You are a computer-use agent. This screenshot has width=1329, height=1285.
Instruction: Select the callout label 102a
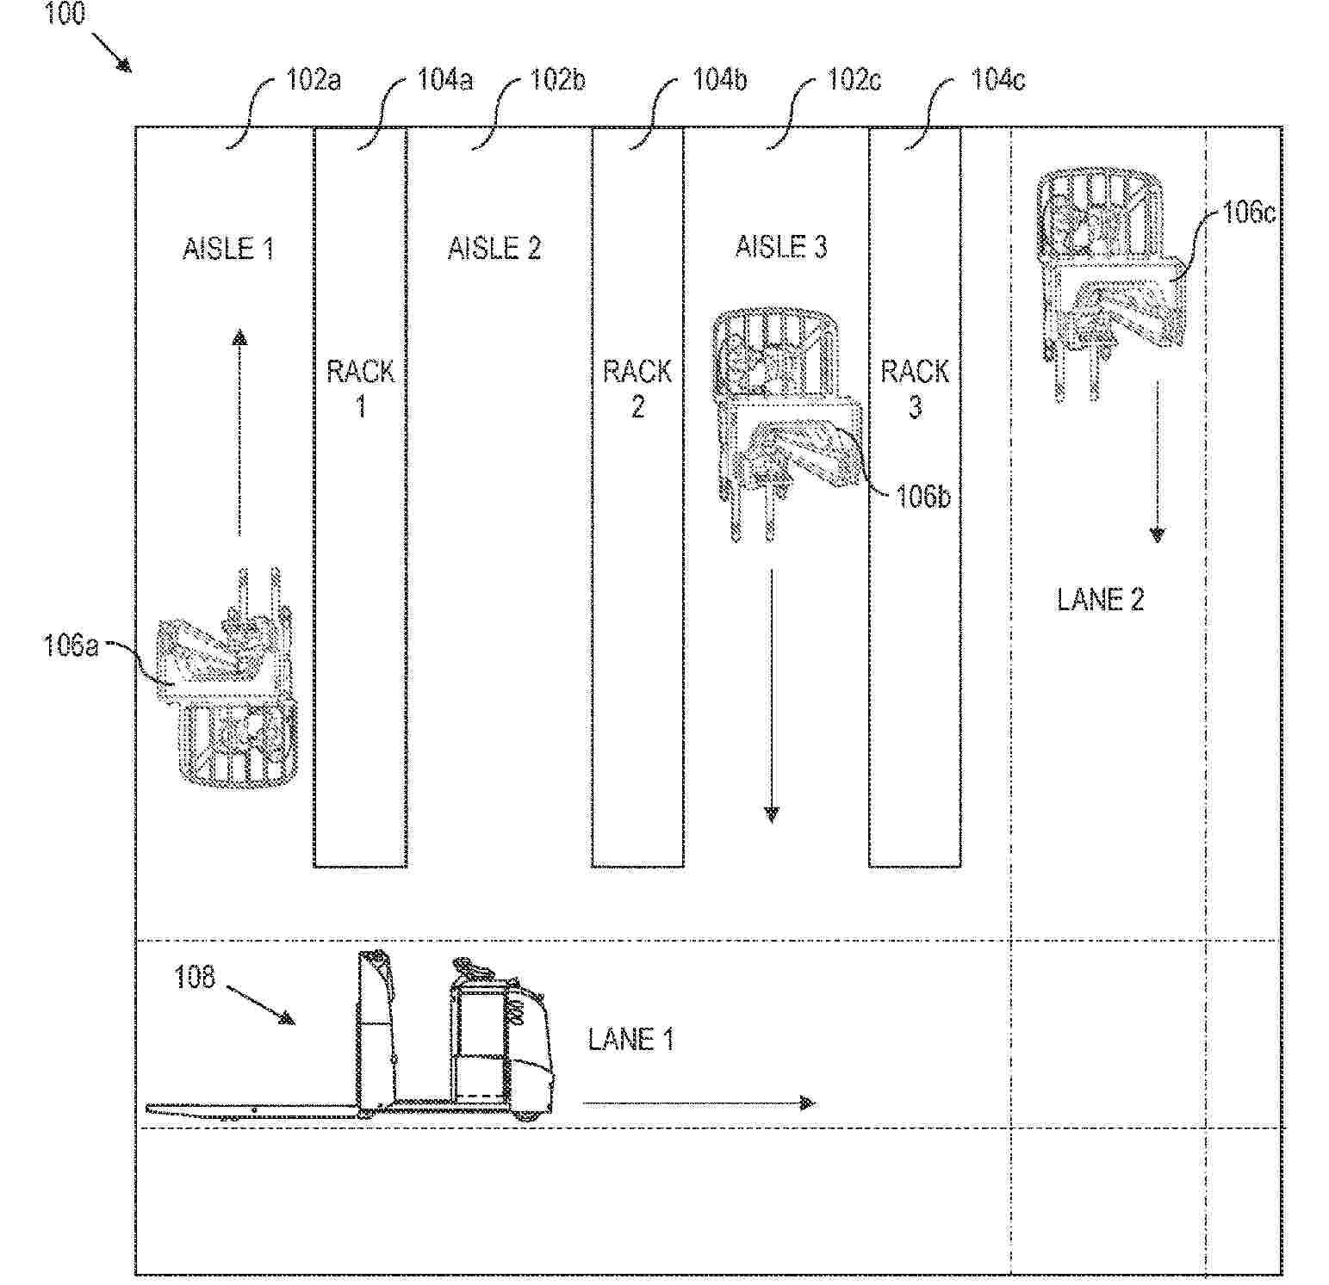(314, 80)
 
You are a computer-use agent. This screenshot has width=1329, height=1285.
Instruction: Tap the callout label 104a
(445, 80)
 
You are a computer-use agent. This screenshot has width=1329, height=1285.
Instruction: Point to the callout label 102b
(557, 80)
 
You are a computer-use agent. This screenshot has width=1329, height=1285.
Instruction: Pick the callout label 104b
(720, 80)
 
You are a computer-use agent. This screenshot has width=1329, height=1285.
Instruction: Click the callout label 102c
(854, 80)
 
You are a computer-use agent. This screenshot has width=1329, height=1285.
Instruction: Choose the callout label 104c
(998, 80)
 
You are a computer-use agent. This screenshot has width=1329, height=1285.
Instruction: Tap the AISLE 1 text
(228, 249)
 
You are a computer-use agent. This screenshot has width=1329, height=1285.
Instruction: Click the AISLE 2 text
(494, 249)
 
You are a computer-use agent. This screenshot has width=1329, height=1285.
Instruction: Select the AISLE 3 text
(781, 247)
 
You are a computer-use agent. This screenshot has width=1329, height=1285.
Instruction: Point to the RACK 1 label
(361, 388)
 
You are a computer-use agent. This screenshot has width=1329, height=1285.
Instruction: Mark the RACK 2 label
(637, 388)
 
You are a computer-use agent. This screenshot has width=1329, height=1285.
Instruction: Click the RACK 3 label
(915, 388)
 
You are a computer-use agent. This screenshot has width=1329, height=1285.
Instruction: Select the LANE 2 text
(1101, 600)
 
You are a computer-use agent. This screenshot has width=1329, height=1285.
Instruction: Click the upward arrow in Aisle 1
(239, 433)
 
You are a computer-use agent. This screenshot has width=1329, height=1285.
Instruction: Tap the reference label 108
(195, 978)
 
